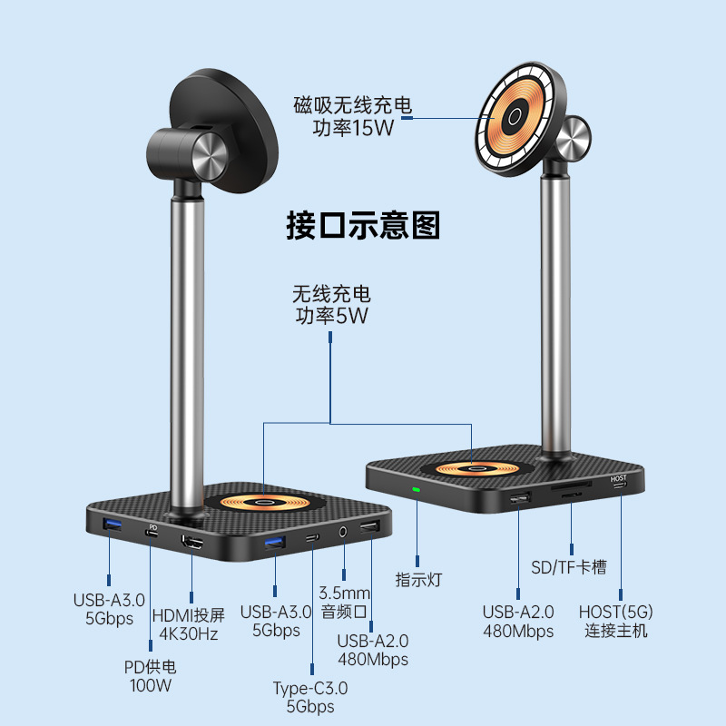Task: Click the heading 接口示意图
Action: coord(363,224)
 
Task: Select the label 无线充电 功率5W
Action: coord(331,305)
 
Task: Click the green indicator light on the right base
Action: coord(417,491)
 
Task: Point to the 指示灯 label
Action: coord(417,578)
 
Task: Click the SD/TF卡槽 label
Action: coord(569,567)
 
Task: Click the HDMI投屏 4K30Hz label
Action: coord(191,623)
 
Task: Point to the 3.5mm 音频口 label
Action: coord(344,603)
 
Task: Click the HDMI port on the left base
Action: coord(192,543)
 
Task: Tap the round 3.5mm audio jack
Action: coord(343,533)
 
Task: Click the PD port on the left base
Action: coord(152,535)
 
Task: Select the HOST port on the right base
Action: coord(620,486)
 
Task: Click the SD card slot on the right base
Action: coord(571,493)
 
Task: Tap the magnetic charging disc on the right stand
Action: coord(515,118)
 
